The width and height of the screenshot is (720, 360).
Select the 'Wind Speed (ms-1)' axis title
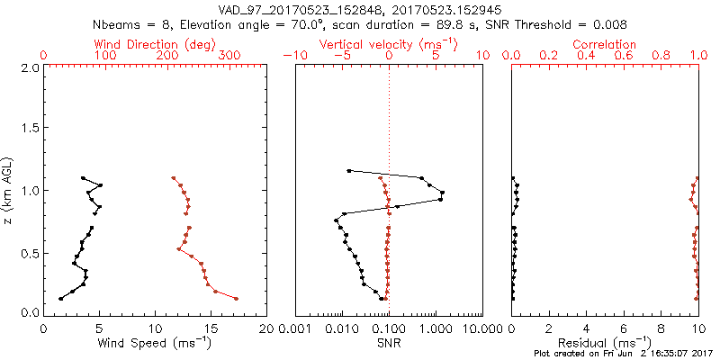tap(156, 343)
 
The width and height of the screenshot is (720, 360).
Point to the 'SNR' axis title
tap(388, 343)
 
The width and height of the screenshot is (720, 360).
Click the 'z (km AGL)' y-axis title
tap(8, 190)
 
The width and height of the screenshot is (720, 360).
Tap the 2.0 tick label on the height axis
tap(29, 68)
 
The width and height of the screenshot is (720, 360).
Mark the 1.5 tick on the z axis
tap(29, 130)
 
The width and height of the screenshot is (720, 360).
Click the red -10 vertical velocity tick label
tap(292, 56)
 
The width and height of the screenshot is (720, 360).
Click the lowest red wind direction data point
tap(236, 298)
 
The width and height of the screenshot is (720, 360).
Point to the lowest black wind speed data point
tap(60, 298)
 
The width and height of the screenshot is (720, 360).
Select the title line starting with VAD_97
tap(359, 9)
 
